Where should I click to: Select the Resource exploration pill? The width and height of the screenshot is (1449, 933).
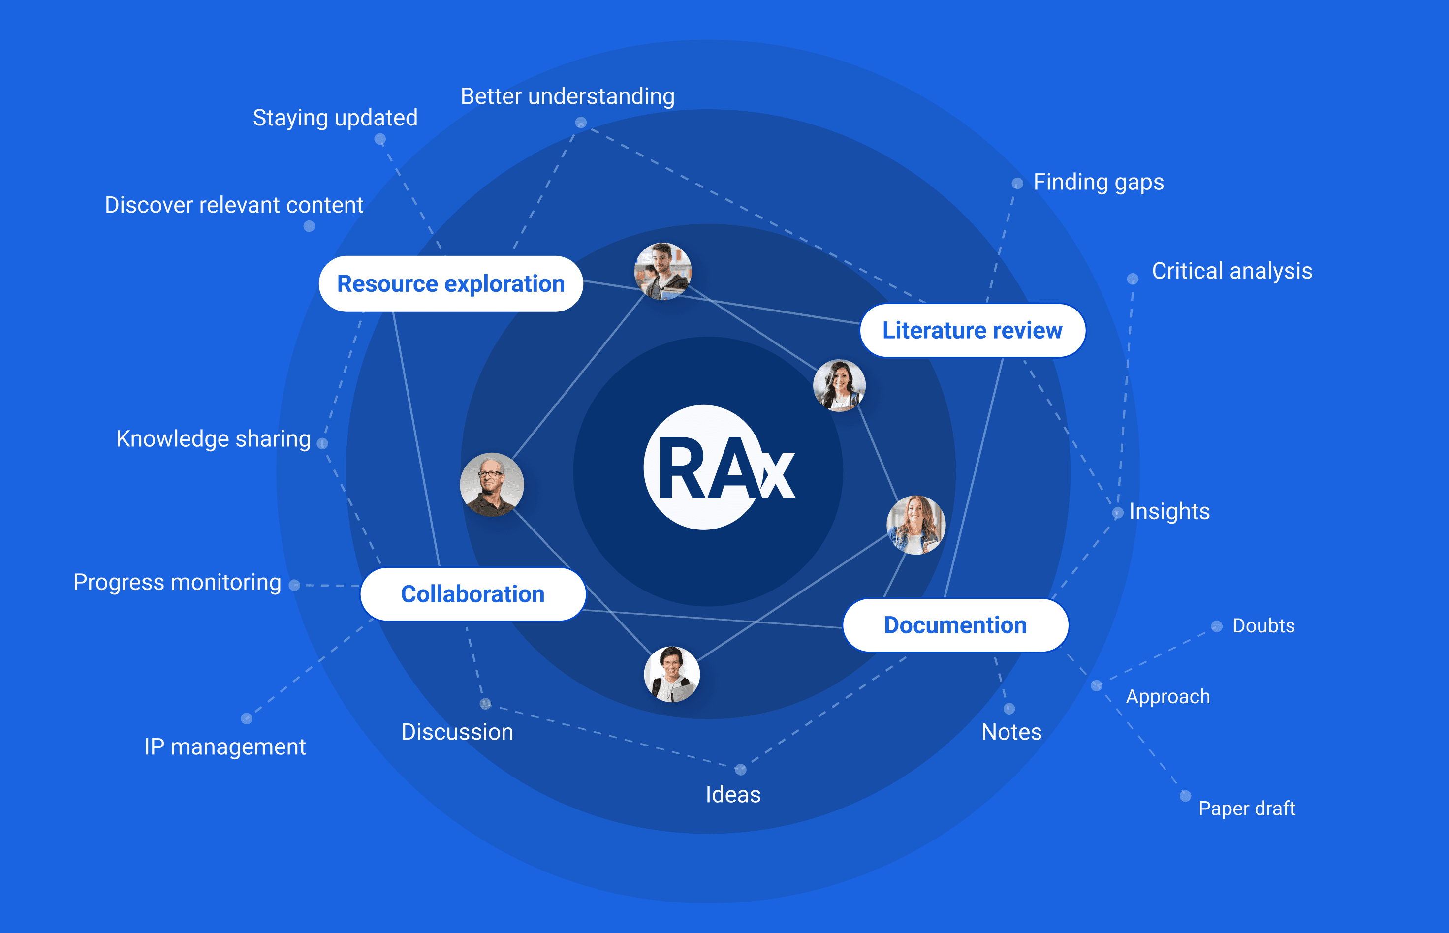pos(451,283)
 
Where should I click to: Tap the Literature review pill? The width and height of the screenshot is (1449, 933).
pos(972,330)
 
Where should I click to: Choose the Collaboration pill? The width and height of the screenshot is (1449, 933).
pos(472,594)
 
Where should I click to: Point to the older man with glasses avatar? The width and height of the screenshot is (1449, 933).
pos(492,484)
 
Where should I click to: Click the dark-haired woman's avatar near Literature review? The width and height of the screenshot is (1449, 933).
pos(839,385)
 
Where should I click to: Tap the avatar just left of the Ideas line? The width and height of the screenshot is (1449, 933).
pos(672,674)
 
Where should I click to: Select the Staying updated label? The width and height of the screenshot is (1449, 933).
pos(335,118)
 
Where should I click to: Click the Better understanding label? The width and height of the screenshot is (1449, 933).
pos(567,96)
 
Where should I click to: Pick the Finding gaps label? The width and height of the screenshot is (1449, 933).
pos(1098,182)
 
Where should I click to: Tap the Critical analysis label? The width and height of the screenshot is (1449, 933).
pos(1231,271)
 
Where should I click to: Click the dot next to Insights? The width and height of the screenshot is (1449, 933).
pos(1118,513)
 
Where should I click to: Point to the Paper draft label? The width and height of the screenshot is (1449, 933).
pos(1247,808)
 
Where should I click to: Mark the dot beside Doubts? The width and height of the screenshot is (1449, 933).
pos(1216,626)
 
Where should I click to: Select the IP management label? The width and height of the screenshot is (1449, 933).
pos(225,746)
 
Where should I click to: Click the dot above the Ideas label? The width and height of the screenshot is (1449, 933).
pos(740,770)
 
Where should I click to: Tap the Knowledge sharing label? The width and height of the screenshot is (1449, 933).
pos(213,438)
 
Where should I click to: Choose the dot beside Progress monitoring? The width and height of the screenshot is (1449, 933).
pos(294,585)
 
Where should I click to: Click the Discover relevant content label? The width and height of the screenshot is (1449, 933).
pos(234,205)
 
